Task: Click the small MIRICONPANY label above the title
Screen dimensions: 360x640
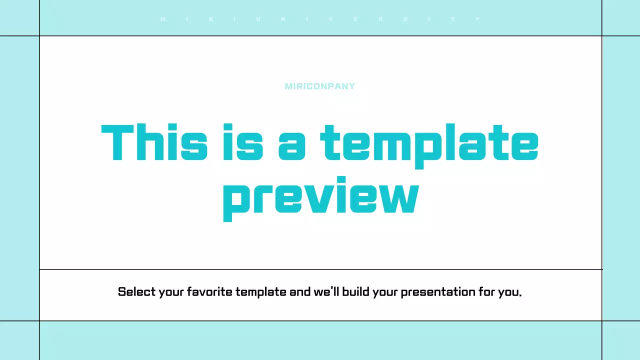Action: [320, 86]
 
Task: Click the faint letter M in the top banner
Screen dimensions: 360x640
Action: [162, 19]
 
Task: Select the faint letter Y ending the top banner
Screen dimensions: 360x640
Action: [477, 19]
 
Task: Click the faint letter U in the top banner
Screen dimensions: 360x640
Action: [258, 19]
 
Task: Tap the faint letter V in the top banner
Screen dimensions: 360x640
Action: [331, 19]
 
